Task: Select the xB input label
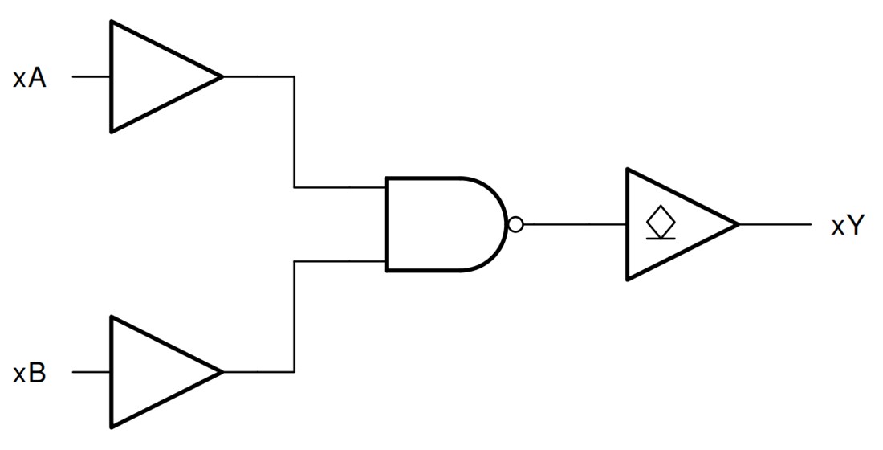pos(29,374)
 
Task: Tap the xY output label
pos(847,226)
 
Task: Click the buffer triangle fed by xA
pos(153,77)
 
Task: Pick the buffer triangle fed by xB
pos(153,372)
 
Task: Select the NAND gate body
pos(441,224)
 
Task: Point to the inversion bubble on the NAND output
pos(515,224)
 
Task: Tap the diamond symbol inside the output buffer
pos(659,219)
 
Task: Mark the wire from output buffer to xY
pos(775,224)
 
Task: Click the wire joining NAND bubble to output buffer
pos(575,224)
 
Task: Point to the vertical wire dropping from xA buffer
pos(295,133)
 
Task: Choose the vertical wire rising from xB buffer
pos(295,317)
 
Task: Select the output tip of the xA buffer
pos(222,77)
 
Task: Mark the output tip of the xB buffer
pos(222,372)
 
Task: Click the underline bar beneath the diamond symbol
pos(659,238)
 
